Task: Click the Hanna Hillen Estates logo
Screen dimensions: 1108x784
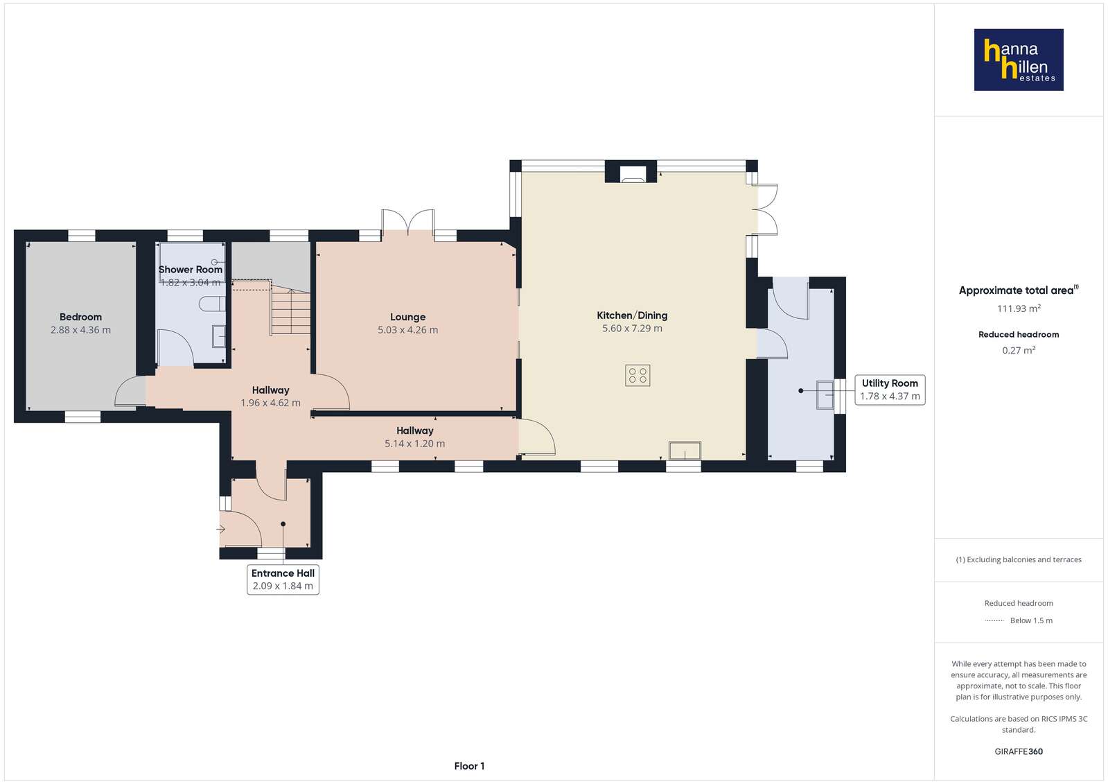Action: click(1019, 60)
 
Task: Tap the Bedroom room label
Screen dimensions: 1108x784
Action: click(80, 317)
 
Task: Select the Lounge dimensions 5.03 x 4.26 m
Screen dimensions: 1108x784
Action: click(407, 330)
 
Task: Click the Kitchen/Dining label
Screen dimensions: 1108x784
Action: click(632, 315)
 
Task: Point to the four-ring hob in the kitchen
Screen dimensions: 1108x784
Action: click(637, 376)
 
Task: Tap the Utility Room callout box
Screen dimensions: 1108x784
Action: click(890, 390)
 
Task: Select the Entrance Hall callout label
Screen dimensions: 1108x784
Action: click(283, 579)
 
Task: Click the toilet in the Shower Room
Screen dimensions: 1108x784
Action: click(212, 304)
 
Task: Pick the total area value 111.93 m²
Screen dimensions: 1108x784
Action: click(1019, 308)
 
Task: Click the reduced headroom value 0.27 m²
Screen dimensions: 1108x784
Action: click(1019, 350)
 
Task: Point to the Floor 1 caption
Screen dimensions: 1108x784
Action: click(469, 766)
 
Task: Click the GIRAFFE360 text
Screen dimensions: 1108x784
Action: click(1019, 751)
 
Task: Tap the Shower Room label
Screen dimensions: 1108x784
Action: click(191, 269)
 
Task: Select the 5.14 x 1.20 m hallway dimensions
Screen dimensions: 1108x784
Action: click(414, 444)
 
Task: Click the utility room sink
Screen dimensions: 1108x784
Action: click(825, 394)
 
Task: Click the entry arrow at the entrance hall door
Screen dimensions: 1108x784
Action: click(221, 529)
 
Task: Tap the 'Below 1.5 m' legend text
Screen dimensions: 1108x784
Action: click(1031, 620)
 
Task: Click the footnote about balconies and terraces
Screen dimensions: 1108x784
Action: click(1019, 559)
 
